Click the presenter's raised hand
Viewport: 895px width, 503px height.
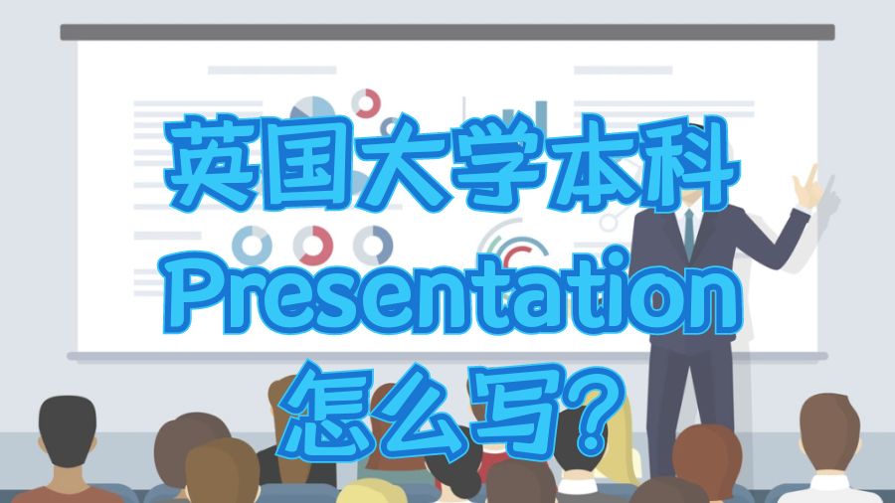point(805,184)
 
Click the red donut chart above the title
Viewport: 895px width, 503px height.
point(366,102)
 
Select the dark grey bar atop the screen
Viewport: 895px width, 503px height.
point(447,32)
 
